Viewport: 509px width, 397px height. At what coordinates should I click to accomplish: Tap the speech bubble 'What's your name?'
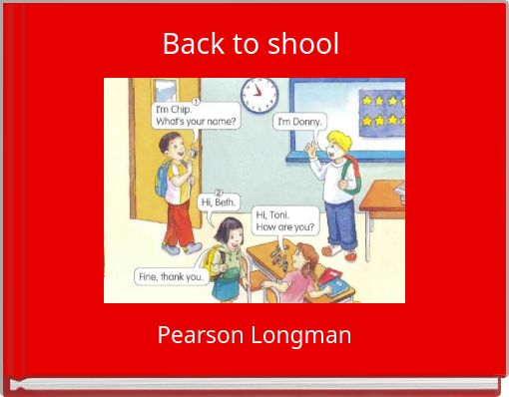tap(194, 116)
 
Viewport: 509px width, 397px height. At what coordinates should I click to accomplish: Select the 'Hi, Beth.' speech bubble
tap(219, 202)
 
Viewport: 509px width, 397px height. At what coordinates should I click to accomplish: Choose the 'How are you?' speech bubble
tap(285, 220)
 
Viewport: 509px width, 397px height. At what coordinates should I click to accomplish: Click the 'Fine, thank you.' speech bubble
tap(169, 276)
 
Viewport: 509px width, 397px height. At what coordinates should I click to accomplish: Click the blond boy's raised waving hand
tap(310, 150)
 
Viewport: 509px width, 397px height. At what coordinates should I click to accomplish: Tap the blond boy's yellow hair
tap(339, 139)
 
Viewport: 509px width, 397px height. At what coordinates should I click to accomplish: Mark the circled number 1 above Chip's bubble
tap(197, 101)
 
